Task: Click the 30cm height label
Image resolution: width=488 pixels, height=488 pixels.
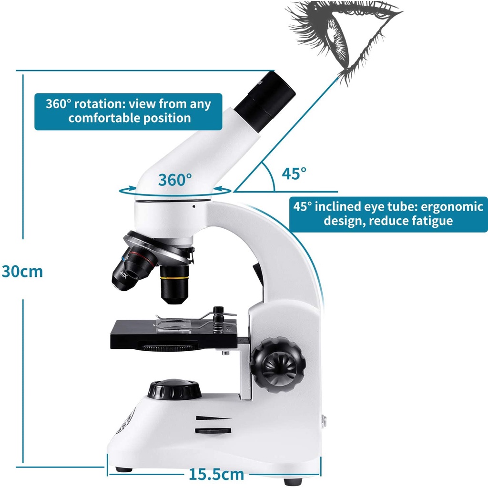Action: click(22, 271)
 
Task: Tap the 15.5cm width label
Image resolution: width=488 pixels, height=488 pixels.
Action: click(216, 474)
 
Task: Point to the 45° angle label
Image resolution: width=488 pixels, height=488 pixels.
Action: click(294, 173)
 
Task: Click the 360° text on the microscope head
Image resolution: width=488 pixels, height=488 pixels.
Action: click(175, 180)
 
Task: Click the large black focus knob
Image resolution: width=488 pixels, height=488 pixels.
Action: click(274, 365)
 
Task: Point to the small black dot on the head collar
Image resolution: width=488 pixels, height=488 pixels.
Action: click(193, 206)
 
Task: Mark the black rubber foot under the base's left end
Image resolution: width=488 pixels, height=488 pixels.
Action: click(123, 469)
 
